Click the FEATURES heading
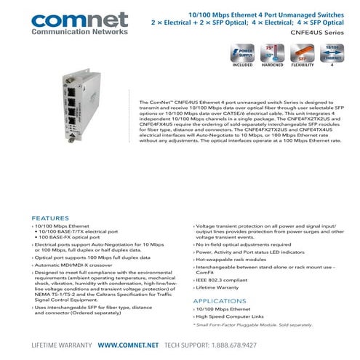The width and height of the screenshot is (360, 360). coord(51,217)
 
